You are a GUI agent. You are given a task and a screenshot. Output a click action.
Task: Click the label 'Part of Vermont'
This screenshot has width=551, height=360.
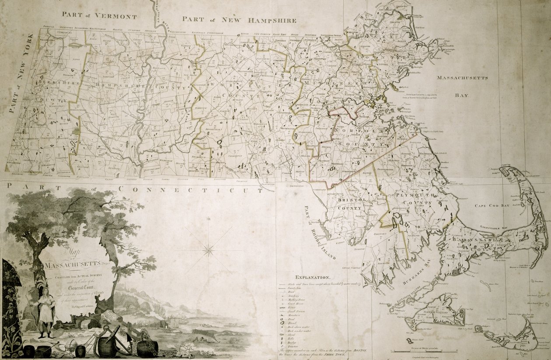[x=99, y=16]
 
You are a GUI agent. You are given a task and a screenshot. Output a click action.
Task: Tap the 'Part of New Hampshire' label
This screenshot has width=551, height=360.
[x=239, y=20]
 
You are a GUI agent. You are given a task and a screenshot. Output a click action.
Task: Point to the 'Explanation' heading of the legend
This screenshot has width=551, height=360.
[x=312, y=277]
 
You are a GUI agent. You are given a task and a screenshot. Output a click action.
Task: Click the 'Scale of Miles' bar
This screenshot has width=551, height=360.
[x=423, y=351]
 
